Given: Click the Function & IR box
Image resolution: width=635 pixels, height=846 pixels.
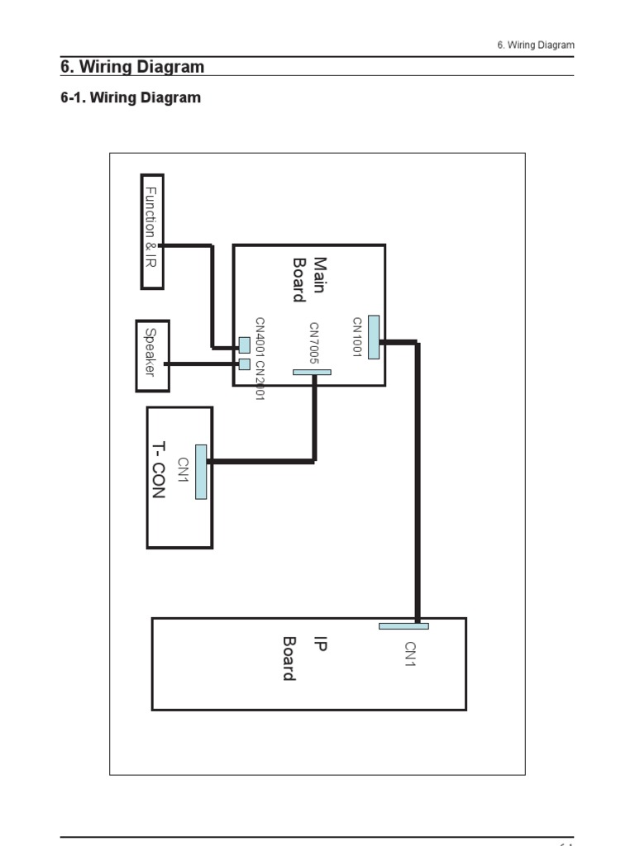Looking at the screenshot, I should pos(151,231).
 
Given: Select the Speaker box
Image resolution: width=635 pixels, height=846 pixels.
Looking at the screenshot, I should pos(152,355).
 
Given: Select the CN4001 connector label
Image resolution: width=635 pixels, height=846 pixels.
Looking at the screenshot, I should pos(260,339).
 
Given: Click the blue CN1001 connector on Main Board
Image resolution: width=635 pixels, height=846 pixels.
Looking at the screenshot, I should pos(374,337).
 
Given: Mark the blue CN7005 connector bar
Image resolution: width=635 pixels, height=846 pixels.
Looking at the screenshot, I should pos(312,373).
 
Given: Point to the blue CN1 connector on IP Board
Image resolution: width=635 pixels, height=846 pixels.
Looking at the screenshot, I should pos(403,626).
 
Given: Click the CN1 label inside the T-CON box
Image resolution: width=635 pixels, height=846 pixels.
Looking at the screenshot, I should pos(184,470).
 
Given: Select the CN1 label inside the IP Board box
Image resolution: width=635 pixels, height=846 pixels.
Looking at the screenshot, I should pos(410,654).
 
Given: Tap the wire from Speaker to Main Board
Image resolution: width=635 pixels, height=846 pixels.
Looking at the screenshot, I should pos(203,364).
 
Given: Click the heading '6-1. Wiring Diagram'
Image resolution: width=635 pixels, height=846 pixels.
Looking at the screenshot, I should pos(131,97).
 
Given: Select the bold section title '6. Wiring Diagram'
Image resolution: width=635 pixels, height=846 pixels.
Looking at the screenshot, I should pos(132,67).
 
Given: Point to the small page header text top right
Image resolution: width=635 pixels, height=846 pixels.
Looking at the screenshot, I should pos(536,45).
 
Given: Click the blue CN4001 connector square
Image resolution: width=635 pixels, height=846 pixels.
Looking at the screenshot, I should pos(244,345).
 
